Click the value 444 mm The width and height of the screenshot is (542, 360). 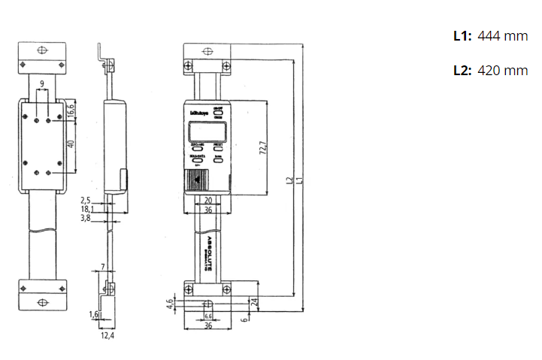(x=503, y=35)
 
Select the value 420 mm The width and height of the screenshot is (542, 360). (x=503, y=71)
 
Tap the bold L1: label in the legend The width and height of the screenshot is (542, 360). (x=462, y=35)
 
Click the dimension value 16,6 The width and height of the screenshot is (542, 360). (x=71, y=113)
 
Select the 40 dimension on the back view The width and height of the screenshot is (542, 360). (x=71, y=144)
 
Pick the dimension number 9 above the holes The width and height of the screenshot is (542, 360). (x=43, y=83)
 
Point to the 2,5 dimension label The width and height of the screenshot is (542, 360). (x=86, y=200)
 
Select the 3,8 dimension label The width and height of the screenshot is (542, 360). (x=86, y=218)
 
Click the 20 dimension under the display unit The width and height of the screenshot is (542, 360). (x=207, y=200)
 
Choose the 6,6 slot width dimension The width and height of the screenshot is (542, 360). (x=207, y=316)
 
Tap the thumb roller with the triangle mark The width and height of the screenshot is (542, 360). (x=198, y=181)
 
